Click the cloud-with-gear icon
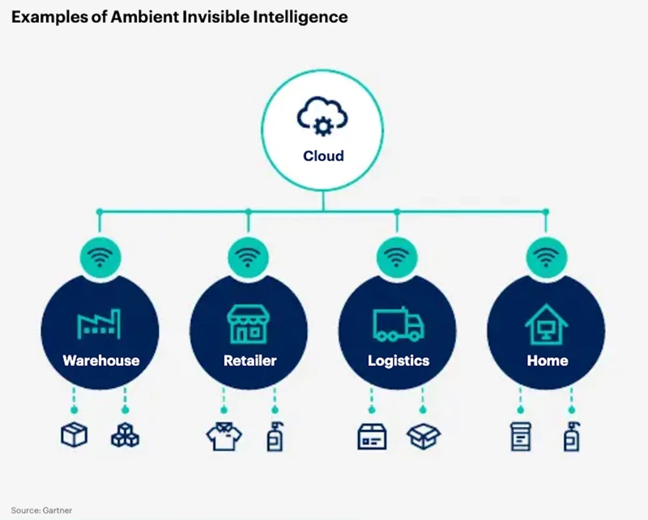323,118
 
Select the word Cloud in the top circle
323,156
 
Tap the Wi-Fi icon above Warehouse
100,258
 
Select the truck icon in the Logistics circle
398,324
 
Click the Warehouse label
100,360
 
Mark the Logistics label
398,360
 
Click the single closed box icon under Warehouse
75,436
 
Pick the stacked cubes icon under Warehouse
125,436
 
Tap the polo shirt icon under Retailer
223,437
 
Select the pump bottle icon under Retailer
275,436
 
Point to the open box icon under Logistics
424,436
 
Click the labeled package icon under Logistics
372,437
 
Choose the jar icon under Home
520,437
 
